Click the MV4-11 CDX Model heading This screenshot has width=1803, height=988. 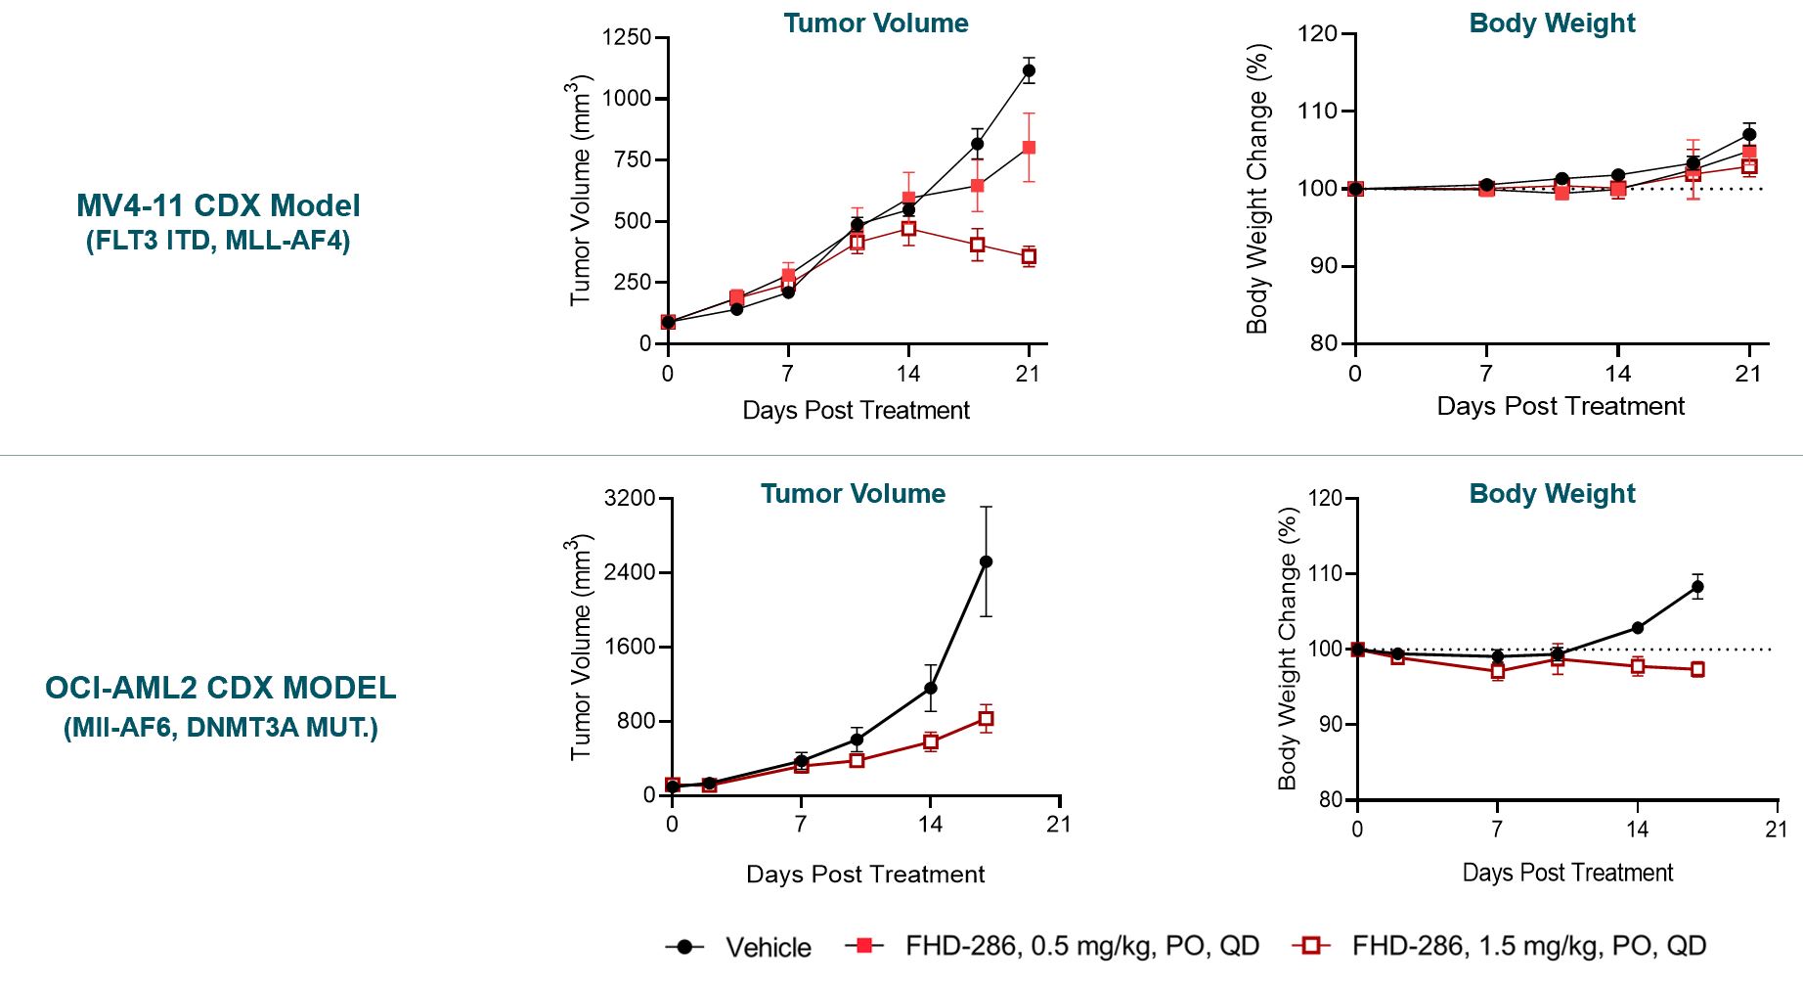point(218,205)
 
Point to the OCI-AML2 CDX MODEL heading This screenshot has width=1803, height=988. point(220,688)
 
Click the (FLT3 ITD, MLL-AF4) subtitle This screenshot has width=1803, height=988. point(218,241)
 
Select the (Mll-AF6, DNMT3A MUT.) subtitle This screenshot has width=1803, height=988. point(220,728)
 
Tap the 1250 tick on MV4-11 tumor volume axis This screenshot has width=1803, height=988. point(627,37)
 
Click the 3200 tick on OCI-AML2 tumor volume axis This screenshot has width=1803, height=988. point(630,498)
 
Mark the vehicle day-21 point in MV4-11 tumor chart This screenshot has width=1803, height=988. point(1029,70)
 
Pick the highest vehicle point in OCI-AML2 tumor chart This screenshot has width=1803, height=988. point(986,561)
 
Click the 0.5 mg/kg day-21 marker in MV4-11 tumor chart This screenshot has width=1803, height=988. point(1029,148)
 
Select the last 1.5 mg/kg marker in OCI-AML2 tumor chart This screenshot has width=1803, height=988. point(986,719)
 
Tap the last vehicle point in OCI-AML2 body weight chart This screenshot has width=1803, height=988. point(1697,587)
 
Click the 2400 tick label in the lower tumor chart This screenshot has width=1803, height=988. point(630,572)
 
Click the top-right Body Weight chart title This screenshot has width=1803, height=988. point(1552,23)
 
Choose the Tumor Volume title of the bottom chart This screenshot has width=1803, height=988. point(853,494)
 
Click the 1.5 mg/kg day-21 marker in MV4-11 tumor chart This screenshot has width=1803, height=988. point(1029,256)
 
